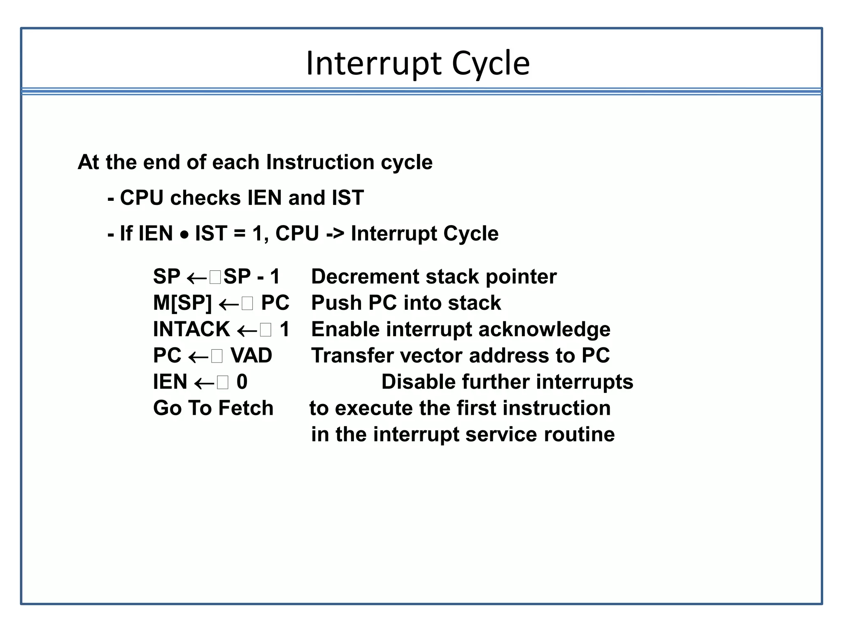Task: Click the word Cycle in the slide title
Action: [x=491, y=64]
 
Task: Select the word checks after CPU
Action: [x=205, y=198]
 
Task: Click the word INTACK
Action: [x=191, y=329]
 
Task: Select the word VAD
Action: [x=251, y=355]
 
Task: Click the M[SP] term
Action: [x=182, y=303]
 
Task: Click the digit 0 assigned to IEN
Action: [x=242, y=382]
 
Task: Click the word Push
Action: [x=336, y=303]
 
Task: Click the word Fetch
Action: [x=246, y=408]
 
